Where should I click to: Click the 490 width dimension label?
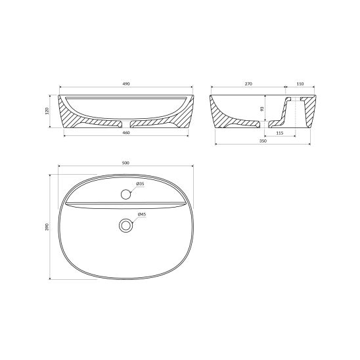126,84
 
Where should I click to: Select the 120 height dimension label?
47,111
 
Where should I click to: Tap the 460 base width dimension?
126,133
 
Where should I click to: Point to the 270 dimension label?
248,84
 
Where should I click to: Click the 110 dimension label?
300,84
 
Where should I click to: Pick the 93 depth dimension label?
262,108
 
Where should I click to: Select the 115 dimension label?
280,133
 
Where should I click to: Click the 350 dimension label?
263,141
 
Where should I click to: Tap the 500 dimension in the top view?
125,163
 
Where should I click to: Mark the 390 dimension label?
47,227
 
